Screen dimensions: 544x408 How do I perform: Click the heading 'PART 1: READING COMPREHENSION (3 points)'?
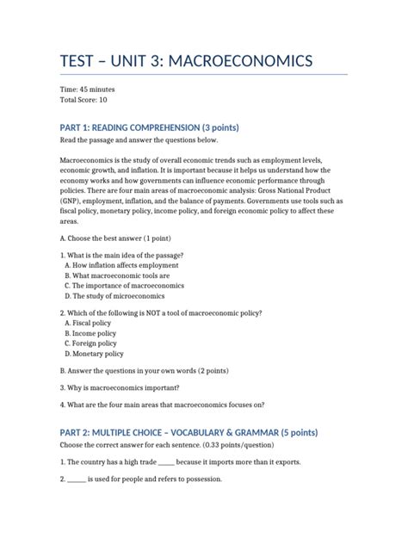tap(149, 127)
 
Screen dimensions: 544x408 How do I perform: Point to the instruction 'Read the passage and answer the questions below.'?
tap(139, 140)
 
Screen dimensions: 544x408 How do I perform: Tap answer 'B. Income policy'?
tap(90, 333)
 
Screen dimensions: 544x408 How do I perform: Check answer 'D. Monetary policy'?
tap(94, 353)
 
